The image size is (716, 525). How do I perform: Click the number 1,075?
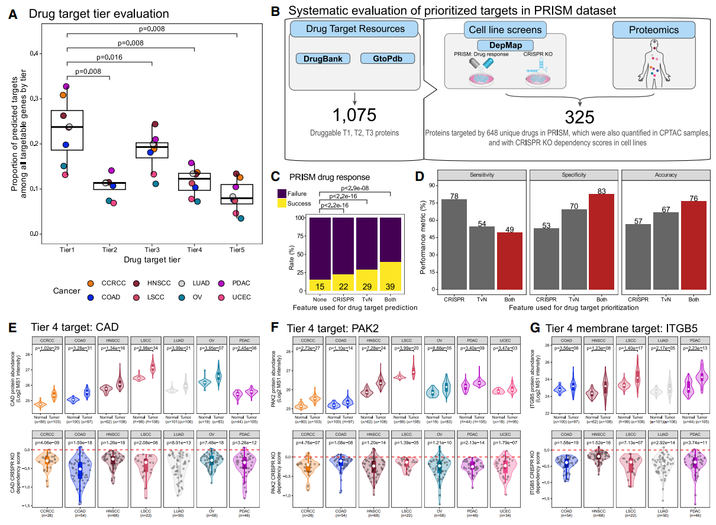click(354, 115)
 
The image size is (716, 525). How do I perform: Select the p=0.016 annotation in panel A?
click(109, 58)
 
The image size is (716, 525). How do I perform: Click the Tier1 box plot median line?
click(67, 127)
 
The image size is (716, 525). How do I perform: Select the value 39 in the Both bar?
click(391, 286)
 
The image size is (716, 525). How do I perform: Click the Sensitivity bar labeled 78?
click(454, 244)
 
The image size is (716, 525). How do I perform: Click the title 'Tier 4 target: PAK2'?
click(333, 328)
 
